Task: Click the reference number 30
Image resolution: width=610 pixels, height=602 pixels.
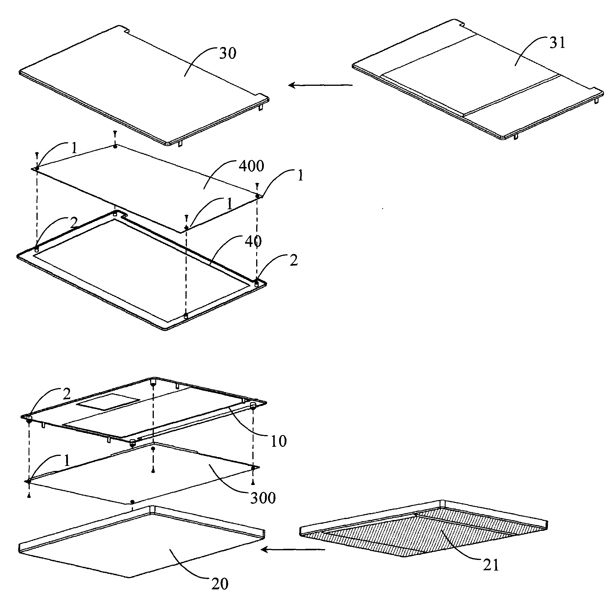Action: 228,53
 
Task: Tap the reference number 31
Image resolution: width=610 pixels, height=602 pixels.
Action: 557,43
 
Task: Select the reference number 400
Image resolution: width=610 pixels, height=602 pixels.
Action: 251,166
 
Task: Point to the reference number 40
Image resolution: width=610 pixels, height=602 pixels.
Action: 253,241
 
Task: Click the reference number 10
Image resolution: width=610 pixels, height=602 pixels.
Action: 279,441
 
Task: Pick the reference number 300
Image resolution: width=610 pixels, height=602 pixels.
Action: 263,498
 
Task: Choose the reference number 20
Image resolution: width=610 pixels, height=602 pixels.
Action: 220,584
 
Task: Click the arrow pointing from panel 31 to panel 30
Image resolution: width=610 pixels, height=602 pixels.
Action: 321,85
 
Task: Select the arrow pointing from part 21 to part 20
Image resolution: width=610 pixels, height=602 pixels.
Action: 293,550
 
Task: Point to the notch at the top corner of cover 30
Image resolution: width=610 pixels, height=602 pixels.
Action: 126,30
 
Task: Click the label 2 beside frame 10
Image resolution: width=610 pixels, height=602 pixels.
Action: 67,394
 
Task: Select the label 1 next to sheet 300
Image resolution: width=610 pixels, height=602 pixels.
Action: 67,461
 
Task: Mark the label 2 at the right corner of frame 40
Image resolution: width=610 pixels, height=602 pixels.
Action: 294,260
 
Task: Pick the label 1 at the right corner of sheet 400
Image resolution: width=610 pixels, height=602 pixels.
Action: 300,175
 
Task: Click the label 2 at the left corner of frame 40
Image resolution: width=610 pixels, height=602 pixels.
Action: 74,223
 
